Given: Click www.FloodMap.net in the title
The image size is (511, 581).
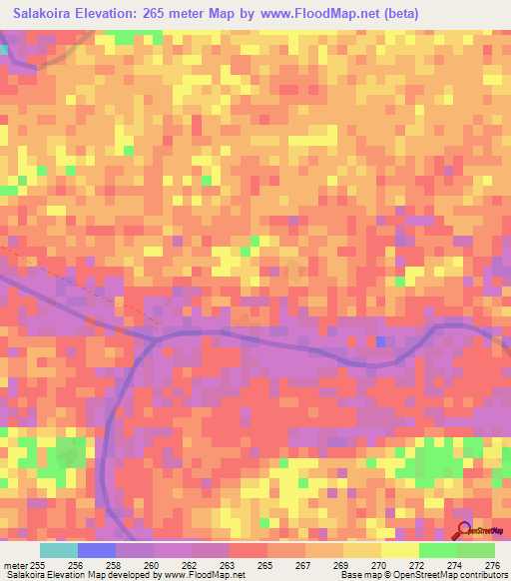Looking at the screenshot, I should point(302,14).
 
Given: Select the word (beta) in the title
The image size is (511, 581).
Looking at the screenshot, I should point(396,14).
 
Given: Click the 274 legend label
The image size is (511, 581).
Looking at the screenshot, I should point(455,565).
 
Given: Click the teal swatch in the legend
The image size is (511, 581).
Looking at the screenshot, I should point(59,550).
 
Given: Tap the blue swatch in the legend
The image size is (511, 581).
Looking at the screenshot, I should point(97,550).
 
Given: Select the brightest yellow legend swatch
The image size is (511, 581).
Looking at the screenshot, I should point(399,550).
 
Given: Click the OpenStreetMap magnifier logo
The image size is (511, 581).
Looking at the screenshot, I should point(463,531).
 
